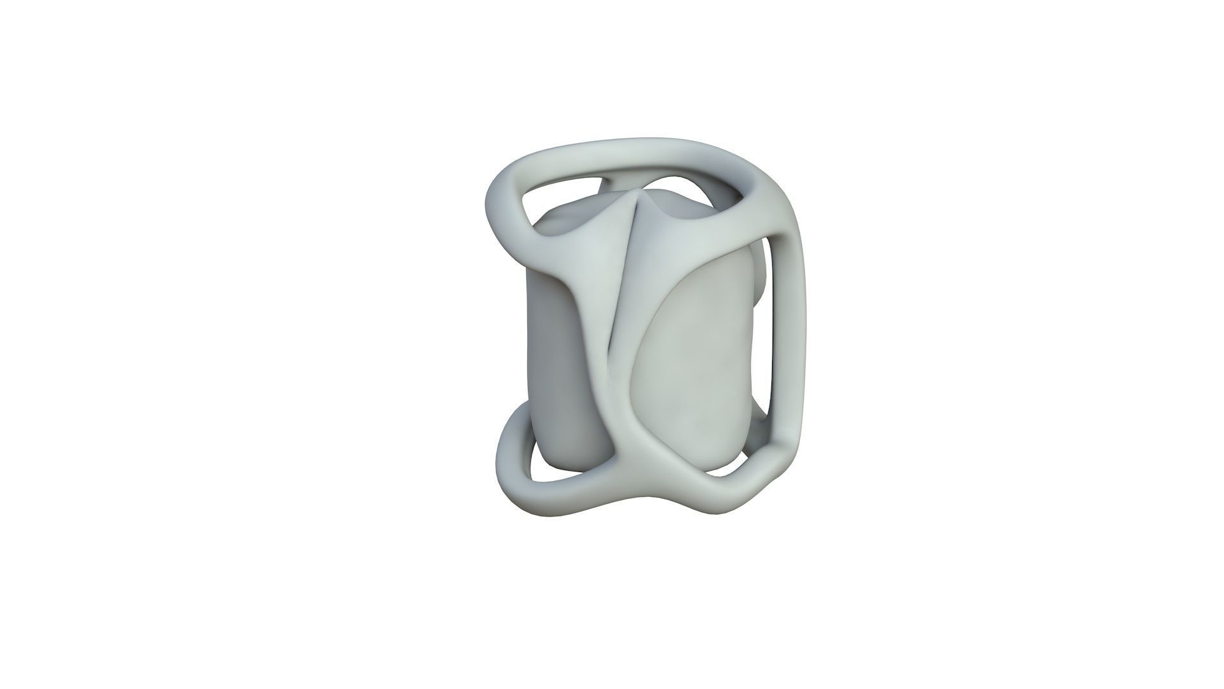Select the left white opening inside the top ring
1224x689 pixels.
pyautogui.click(x=558, y=198)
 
